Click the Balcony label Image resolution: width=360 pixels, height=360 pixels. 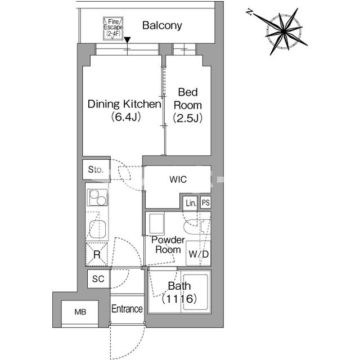(162, 25)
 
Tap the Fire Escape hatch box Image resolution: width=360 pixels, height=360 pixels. (113, 29)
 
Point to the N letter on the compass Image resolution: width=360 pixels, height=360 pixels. (249, 12)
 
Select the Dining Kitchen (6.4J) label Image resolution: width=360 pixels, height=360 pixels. (124, 110)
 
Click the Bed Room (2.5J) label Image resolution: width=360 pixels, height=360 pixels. (188, 105)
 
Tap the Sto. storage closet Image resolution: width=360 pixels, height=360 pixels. (96, 170)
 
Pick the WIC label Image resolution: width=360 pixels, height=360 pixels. (178, 179)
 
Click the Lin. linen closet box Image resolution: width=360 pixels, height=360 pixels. (190, 203)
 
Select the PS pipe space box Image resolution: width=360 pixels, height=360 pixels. (206, 202)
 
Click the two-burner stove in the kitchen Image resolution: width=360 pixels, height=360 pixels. (97, 197)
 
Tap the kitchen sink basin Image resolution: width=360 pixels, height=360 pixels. (97, 229)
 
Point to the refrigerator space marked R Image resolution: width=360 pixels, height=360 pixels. (97, 254)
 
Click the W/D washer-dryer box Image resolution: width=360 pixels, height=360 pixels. (199, 253)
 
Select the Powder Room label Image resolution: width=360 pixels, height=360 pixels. (168, 245)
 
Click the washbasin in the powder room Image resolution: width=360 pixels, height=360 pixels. (157, 224)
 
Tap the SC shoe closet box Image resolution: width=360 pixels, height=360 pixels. (98, 279)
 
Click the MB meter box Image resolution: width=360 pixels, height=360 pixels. (80, 312)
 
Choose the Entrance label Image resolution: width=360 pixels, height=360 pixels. (127, 309)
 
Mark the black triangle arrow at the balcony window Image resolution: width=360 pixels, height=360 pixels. (127, 40)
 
